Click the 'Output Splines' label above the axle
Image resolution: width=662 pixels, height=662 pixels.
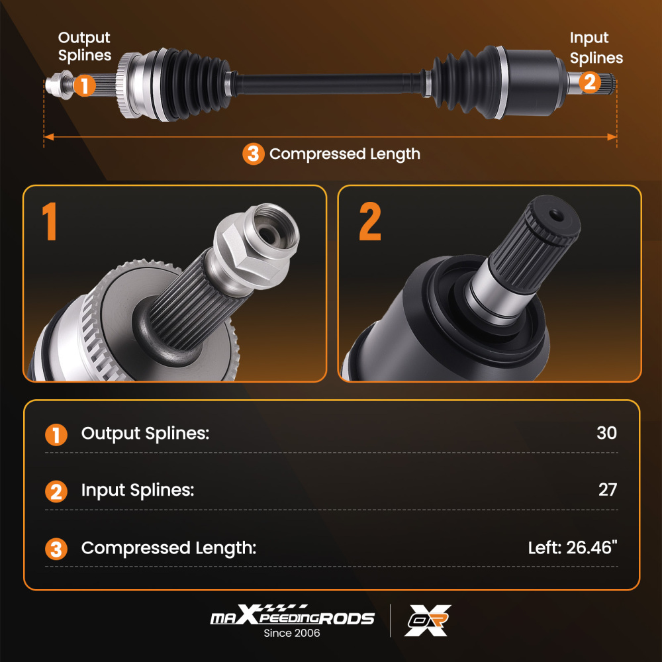84,46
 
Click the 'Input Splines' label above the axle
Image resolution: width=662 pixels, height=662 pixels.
596,48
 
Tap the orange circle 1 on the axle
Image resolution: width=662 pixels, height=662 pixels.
84,85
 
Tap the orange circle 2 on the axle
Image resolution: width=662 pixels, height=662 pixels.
590,83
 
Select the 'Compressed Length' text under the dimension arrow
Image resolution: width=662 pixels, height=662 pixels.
344,154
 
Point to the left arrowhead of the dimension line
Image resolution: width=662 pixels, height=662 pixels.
47,137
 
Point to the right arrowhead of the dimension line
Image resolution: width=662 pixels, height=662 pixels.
613,137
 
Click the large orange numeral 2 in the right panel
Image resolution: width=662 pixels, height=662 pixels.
369,222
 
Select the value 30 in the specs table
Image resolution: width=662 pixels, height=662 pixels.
606,433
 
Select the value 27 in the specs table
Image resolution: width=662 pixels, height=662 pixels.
607,490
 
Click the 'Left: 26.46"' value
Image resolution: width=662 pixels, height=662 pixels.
572,548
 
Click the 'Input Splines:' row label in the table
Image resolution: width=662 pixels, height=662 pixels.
138,491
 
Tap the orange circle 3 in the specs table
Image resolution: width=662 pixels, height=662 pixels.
56,549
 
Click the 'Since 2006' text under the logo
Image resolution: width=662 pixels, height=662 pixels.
292,633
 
